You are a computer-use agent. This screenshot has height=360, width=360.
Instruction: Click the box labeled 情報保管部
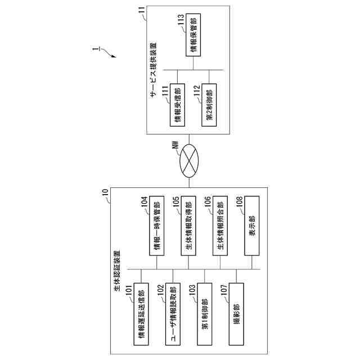pos(193,39)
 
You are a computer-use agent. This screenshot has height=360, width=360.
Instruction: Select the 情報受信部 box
pos(178,105)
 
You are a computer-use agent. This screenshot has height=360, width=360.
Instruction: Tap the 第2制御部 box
pos(209,106)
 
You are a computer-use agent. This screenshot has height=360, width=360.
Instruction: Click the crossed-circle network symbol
pos(188,161)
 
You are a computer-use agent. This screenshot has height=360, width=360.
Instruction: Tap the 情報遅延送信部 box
pos(141,314)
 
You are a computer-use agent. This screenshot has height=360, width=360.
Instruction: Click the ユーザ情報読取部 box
pos(173,314)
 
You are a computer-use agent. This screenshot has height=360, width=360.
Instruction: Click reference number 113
pos(181,19)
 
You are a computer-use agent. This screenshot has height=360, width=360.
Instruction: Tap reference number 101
pos(129,288)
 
